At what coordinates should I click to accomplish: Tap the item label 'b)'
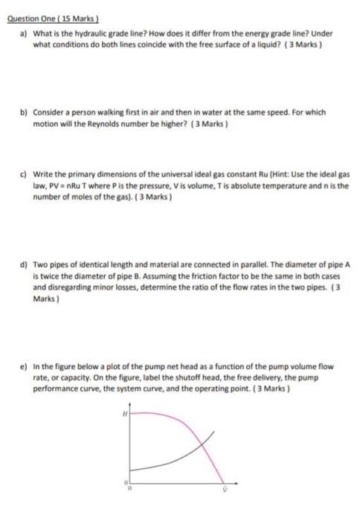(x=23, y=112)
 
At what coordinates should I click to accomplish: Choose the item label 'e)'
(x=23, y=365)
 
